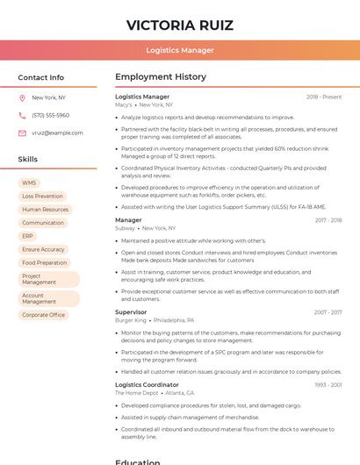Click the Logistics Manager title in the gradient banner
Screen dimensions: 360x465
point(179,50)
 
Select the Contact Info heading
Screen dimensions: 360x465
point(41,77)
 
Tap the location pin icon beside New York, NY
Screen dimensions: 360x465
point(22,97)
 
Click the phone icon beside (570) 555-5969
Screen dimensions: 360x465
point(22,115)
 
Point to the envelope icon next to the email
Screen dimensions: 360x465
point(22,132)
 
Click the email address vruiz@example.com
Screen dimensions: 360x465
point(57,132)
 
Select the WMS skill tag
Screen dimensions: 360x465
point(29,182)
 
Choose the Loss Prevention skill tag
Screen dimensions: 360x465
point(42,196)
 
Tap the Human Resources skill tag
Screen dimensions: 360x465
point(45,210)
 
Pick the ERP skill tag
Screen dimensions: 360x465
point(28,236)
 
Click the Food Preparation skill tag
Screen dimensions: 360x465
point(44,262)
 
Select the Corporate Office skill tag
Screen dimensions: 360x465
point(43,315)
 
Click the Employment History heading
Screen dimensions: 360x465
point(161,77)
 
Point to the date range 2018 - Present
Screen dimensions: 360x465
point(324,97)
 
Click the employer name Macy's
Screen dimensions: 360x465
point(124,104)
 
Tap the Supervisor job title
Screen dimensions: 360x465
point(131,311)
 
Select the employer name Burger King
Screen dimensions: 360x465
point(130,320)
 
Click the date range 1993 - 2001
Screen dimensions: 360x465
point(328,385)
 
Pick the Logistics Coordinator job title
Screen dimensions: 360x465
point(147,384)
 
